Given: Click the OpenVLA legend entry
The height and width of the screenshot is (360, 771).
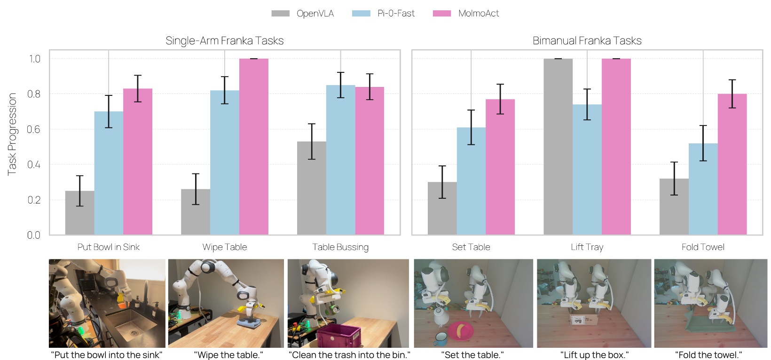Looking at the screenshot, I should [x=303, y=14].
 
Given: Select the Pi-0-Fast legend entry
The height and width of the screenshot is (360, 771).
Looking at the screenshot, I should [x=384, y=14].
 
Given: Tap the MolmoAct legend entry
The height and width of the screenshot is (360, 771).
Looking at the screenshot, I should [x=466, y=14].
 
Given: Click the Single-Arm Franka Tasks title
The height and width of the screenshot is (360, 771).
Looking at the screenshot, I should [x=224, y=41].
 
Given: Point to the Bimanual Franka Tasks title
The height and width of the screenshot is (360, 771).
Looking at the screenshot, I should [x=587, y=41].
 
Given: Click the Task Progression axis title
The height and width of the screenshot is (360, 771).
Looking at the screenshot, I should [x=12, y=134].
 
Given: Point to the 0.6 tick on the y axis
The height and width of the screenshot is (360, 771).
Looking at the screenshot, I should [x=34, y=129].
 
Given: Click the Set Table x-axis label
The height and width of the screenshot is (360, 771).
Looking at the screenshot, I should [x=471, y=247].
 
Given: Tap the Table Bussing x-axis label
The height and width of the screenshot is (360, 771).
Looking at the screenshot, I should [x=340, y=247].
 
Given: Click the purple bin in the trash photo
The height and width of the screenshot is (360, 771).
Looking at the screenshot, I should [x=338, y=336].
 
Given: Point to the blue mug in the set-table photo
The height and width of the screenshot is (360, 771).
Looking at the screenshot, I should [x=441, y=338].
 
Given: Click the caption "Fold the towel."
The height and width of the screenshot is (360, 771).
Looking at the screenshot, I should [x=708, y=355].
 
